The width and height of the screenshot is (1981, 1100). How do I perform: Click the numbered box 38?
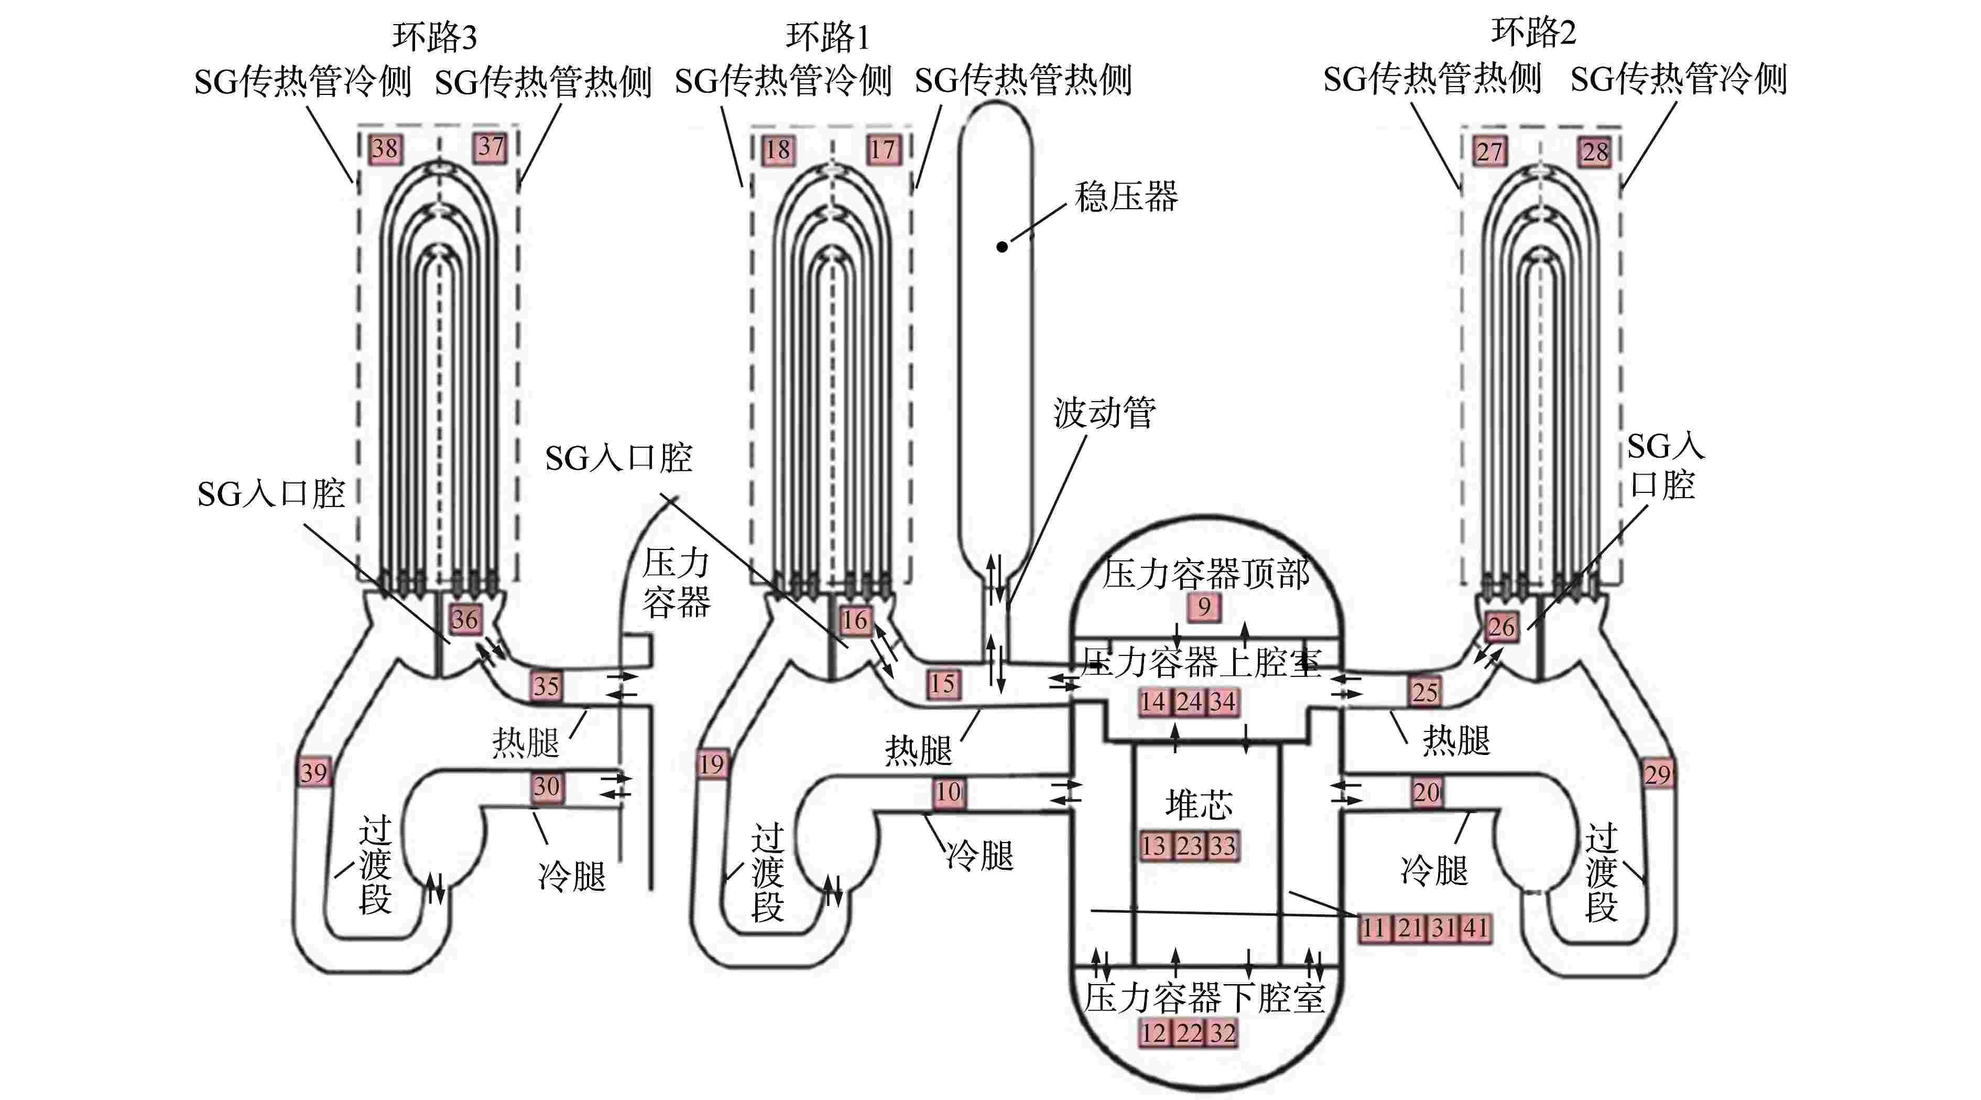pyautogui.click(x=385, y=148)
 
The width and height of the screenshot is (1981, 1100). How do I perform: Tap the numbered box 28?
pyautogui.click(x=1595, y=152)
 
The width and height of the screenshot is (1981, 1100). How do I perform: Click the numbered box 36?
pyautogui.click(x=464, y=619)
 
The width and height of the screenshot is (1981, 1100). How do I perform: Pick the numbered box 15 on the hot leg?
pyautogui.click(x=943, y=684)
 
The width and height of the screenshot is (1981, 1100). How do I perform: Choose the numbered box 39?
pyautogui.click(x=314, y=772)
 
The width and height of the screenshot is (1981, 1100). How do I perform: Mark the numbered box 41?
pyautogui.click(x=1474, y=929)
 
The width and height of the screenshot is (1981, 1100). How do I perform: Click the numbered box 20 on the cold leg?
pyautogui.click(x=1427, y=792)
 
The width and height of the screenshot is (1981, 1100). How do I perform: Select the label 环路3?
pyautogui.click(x=434, y=36)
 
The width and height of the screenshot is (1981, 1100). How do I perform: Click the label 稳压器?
pyautogui.click(x=1126, y=197)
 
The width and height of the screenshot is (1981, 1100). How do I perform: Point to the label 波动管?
pyautogui.click(x=1104, y=413)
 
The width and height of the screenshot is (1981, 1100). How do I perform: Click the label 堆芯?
pyautogui.click(x=1198, y=805)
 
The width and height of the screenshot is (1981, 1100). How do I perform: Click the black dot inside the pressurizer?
pyautogui.click(x=1002, y=247)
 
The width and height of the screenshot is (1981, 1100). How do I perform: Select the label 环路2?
pyautogui.click(x=1533, y=33)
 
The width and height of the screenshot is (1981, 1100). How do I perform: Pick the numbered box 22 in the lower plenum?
pyautogui.click(x=1189, y=1033)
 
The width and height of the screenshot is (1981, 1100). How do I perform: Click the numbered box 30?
pyautogui.click(x=547, y=786)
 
